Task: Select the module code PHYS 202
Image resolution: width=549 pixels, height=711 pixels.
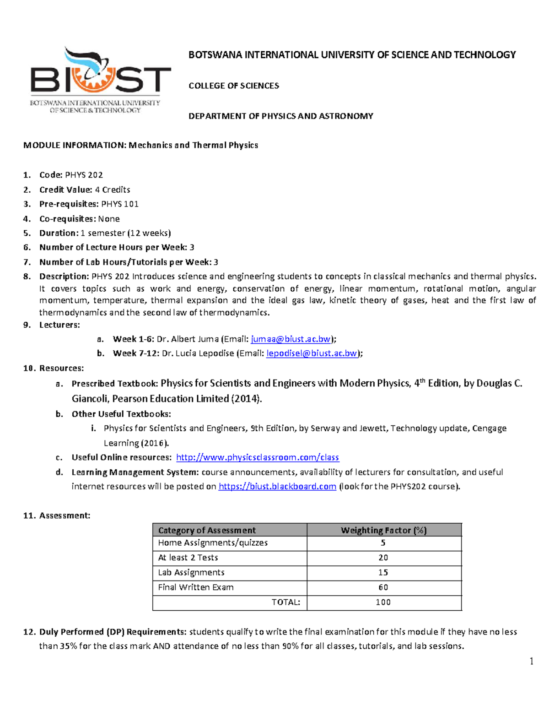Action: tap(84, 175)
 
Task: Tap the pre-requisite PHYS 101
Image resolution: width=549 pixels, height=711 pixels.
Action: tap(119, 204)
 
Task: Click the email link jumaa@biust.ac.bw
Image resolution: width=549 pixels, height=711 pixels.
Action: tap(291, 339)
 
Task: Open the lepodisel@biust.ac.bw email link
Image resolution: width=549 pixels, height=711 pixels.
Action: tap(312, 353)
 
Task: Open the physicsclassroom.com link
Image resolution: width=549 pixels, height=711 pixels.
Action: tap(258, 457)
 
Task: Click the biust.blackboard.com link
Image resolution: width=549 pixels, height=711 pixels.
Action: tap(277, 486)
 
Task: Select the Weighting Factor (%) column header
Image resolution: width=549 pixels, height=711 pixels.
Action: tap(383, 530)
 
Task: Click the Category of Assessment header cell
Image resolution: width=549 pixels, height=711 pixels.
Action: tap(207, 530)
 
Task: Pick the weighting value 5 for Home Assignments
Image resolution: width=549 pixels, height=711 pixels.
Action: tap(383, 543)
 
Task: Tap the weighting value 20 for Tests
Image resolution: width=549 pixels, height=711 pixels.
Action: tap(383, 558)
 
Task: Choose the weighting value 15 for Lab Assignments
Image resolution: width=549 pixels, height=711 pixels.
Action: tap(383, 572)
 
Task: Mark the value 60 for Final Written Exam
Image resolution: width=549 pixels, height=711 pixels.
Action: tap(383, 587)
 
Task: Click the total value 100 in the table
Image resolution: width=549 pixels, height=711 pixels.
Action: tap(383, 602)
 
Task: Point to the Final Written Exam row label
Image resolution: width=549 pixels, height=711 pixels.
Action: tap(196, 587)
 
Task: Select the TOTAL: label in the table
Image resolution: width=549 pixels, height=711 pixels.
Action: tap(286, 602)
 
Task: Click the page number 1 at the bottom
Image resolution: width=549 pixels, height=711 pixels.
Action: tap(531, 661)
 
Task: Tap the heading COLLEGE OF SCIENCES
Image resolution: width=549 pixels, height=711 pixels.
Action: tap(234, 86)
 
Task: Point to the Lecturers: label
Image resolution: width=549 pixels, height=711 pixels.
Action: tap(59, 325)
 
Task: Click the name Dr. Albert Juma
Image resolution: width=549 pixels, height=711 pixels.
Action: tap(188, 339)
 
